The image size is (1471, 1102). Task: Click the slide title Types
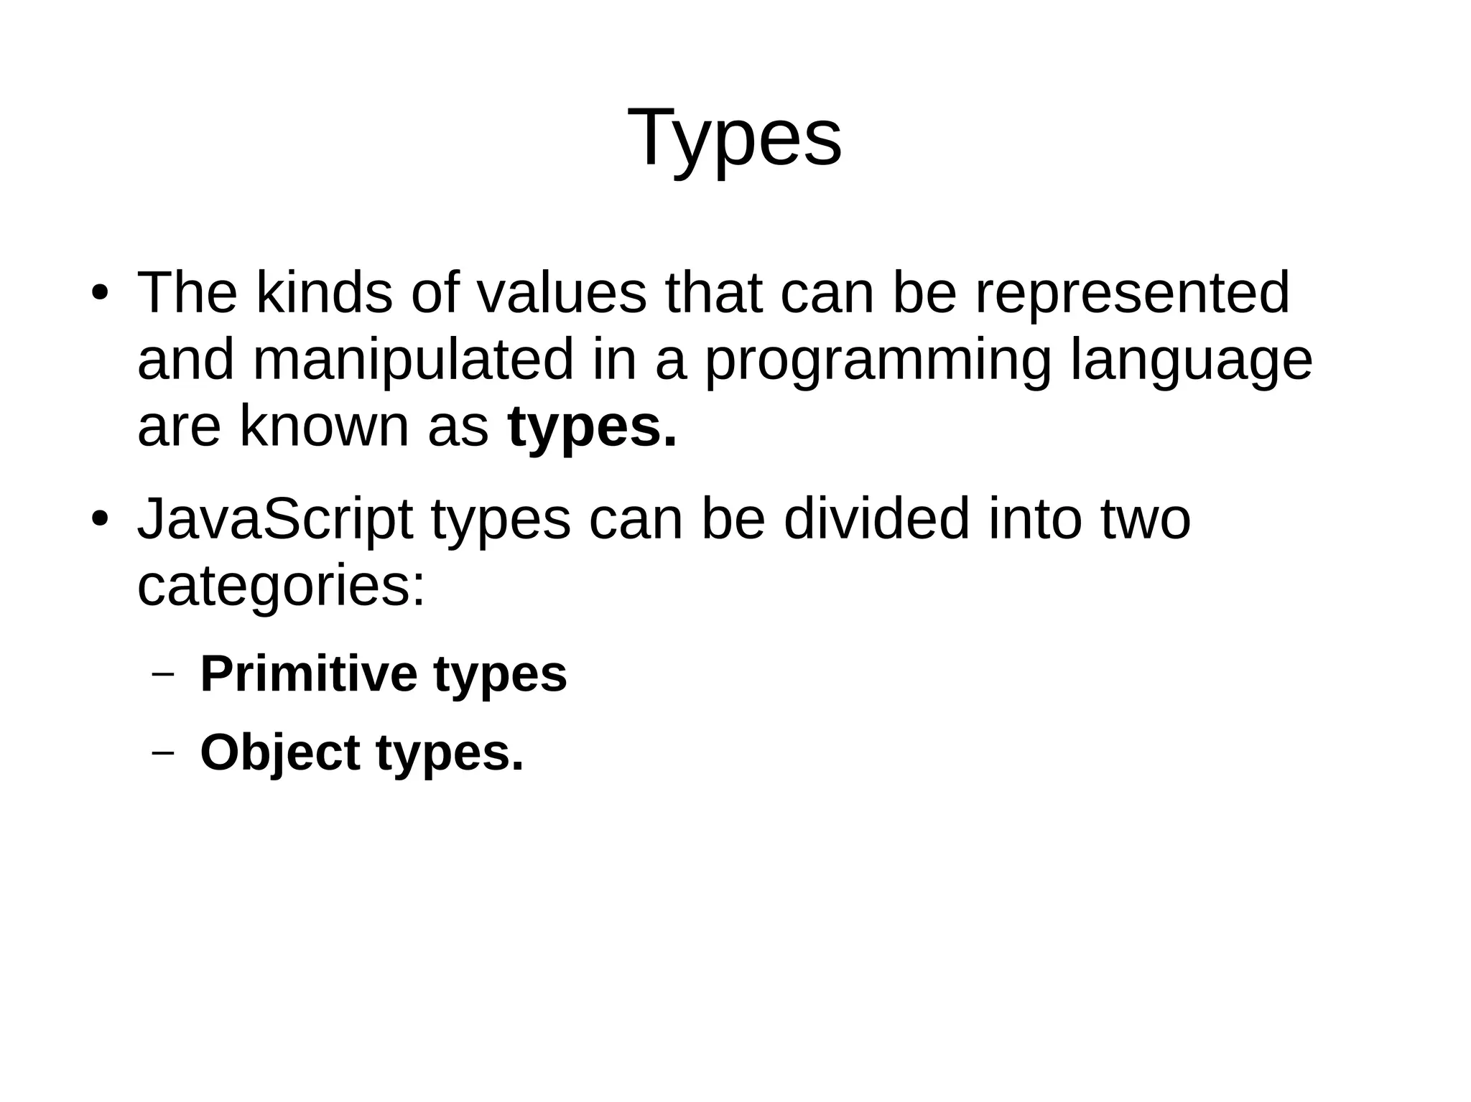(735, 138)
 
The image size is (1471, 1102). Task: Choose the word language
(1192, 361)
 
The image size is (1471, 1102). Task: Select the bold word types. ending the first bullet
(592, 428)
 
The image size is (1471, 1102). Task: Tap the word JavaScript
(275, 520)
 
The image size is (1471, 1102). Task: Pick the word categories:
(282, 587)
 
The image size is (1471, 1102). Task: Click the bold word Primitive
(309, 674)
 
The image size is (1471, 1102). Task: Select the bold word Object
(280, 754)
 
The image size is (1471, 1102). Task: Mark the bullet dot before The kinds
(100, 295)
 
